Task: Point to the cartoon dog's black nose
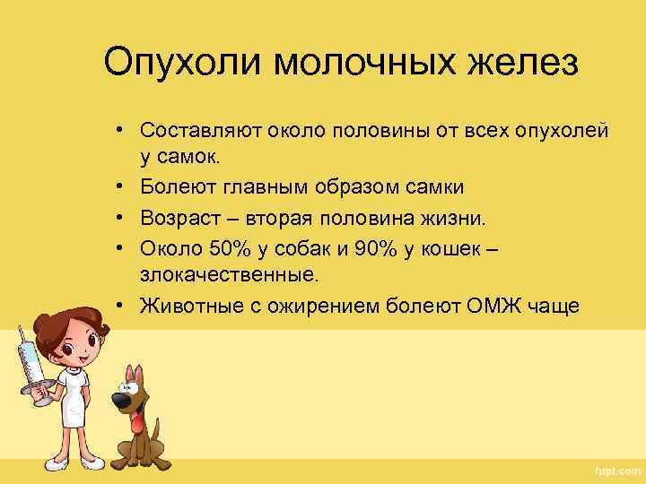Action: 118,397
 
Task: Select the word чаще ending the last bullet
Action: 579,307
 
